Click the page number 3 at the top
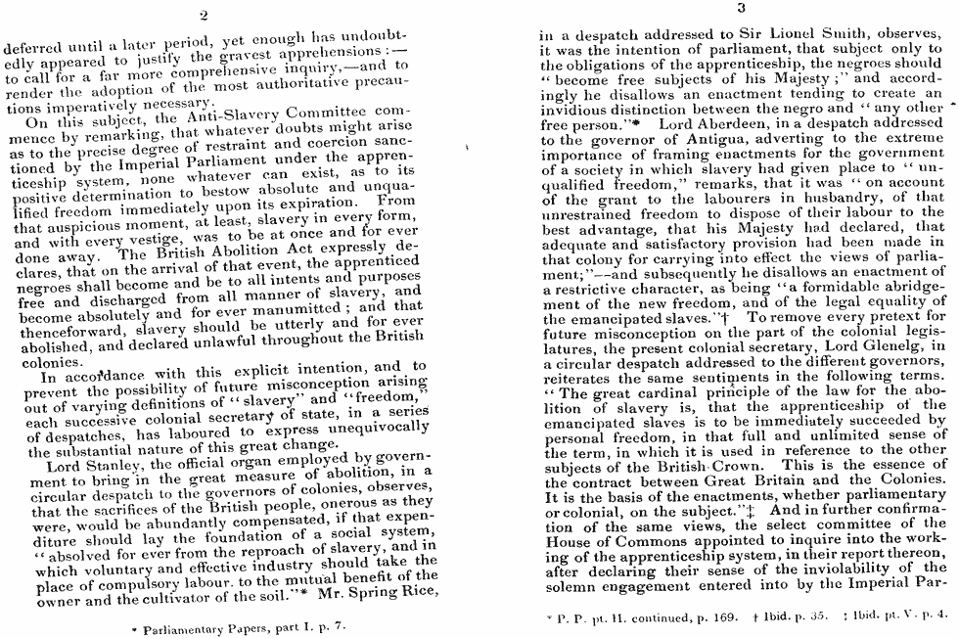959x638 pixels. tap(741, 8)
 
